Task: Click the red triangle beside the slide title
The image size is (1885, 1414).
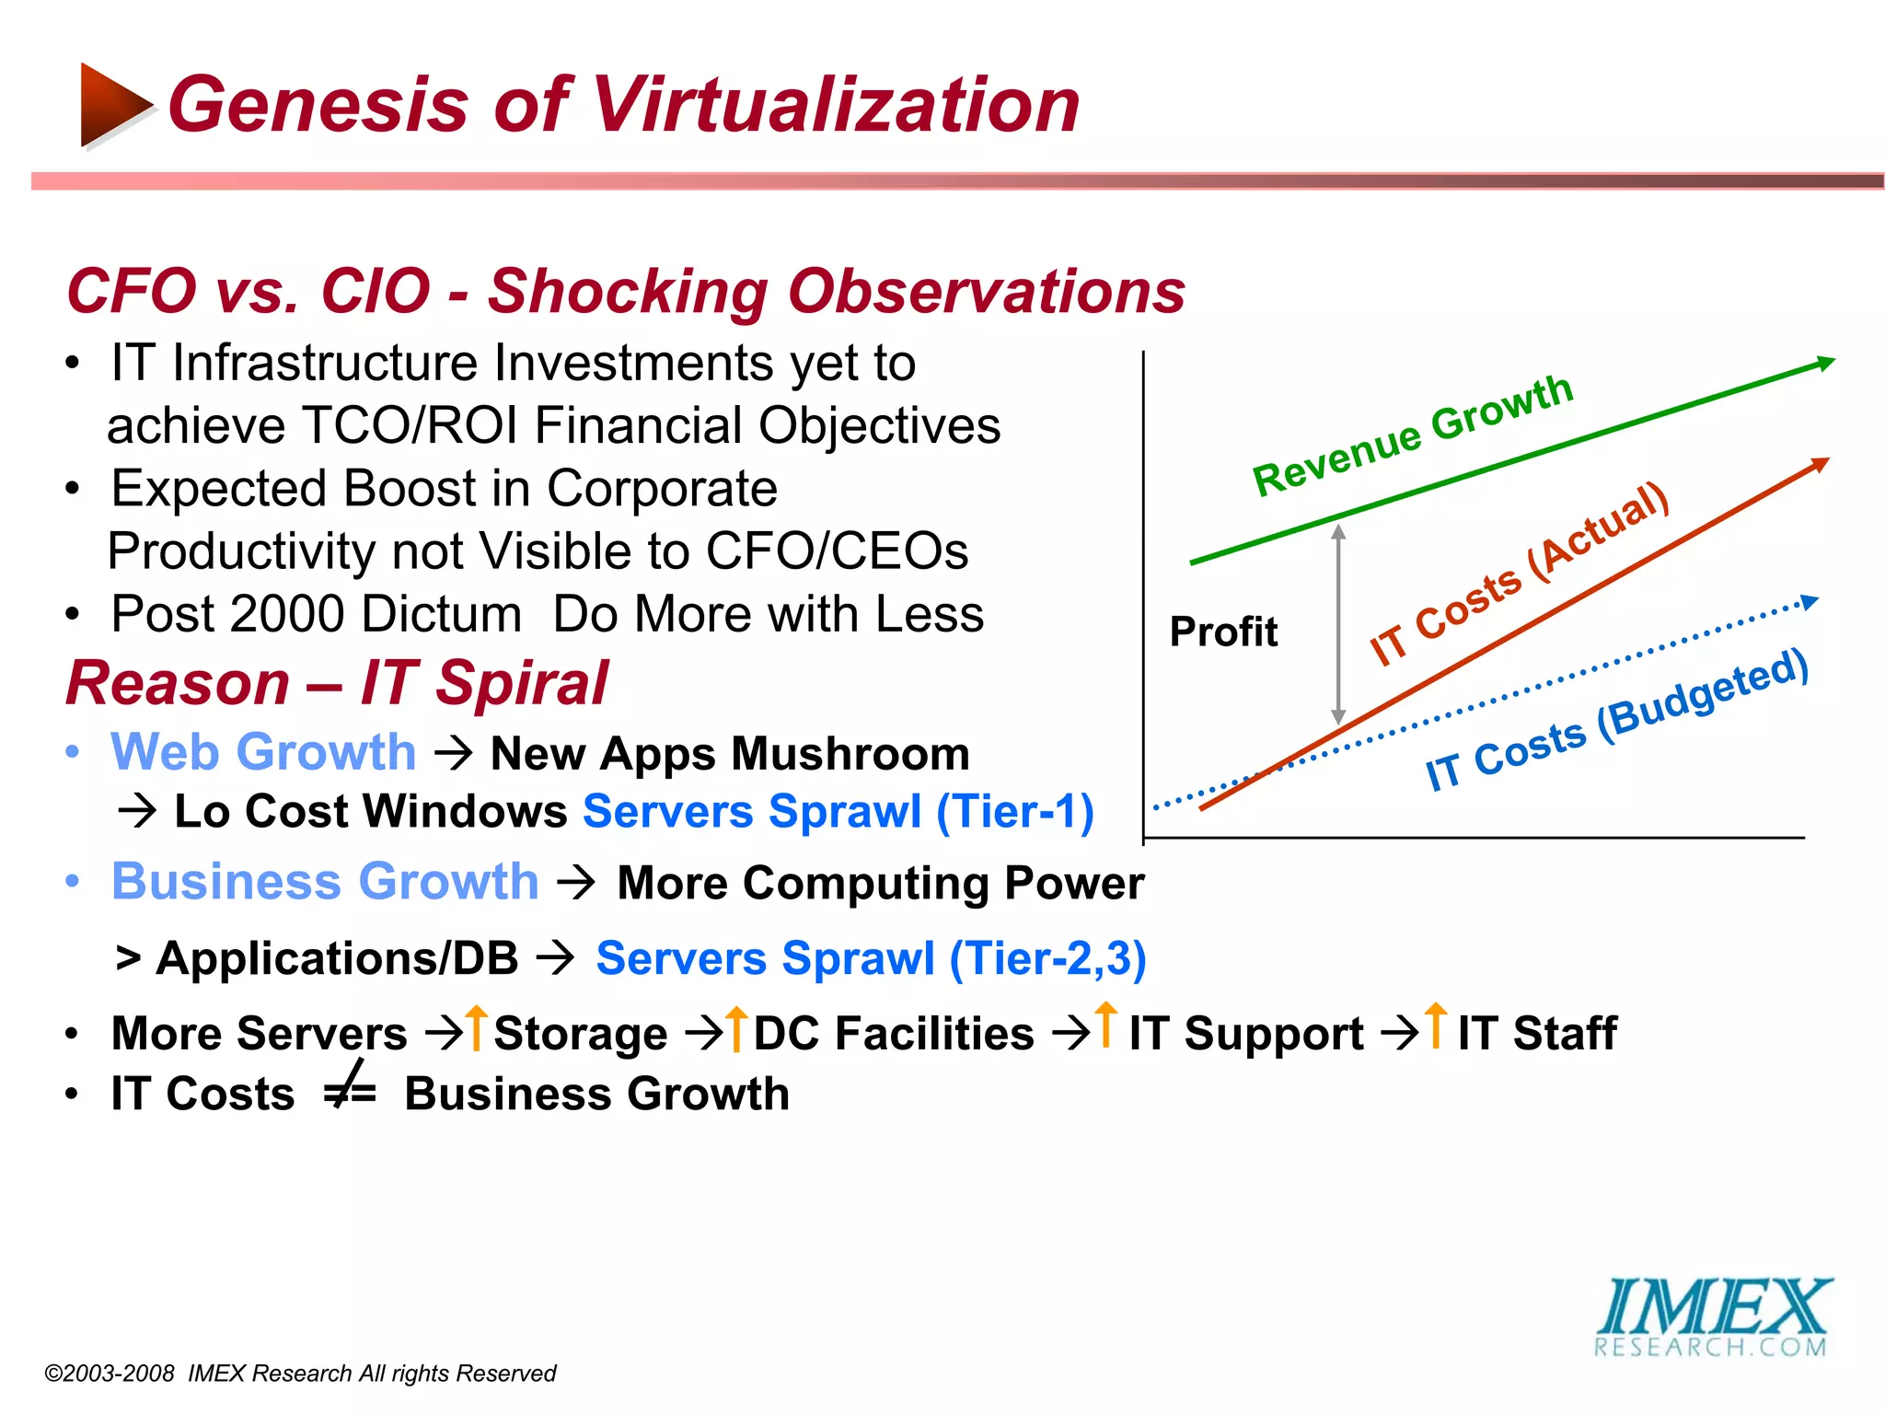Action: click(112, 105)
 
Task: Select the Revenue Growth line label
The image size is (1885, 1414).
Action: click(1413, 435)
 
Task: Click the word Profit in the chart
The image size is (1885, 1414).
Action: click(1223, 632)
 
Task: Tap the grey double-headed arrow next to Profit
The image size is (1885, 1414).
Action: click(1339, 624)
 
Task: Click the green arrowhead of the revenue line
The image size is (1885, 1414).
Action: click(1824, 364)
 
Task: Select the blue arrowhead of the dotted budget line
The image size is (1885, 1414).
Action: click(1810, 602)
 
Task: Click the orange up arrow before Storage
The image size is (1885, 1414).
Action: click(476, 1027)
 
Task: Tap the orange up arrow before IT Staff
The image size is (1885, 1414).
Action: click(1436, 1025)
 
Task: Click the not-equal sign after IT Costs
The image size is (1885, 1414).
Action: click(350, 1089)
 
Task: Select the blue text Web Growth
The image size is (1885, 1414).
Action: click(263, 752)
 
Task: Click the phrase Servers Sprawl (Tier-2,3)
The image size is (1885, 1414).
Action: click(871, 958)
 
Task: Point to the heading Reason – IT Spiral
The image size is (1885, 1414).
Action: click(337, 683)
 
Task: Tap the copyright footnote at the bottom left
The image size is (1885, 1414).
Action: click(300, 1373)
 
